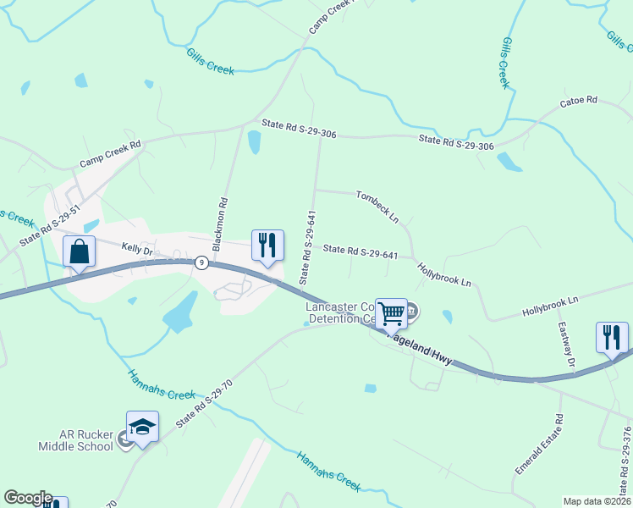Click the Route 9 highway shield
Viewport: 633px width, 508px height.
201,262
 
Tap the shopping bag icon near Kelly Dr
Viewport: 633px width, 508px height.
79,252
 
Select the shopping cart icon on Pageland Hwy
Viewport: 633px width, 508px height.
391,313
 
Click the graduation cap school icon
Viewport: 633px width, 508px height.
142,427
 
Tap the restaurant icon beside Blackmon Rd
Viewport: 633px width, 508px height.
267,246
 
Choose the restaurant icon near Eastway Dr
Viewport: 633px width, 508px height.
611,337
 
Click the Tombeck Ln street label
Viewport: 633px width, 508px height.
377,206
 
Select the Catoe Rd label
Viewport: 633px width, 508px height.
579,102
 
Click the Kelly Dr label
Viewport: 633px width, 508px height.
135,251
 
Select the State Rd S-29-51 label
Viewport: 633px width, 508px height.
50,224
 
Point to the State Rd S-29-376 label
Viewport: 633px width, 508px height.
626,457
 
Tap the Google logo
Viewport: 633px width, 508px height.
27,498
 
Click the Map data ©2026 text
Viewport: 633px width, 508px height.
596,501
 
